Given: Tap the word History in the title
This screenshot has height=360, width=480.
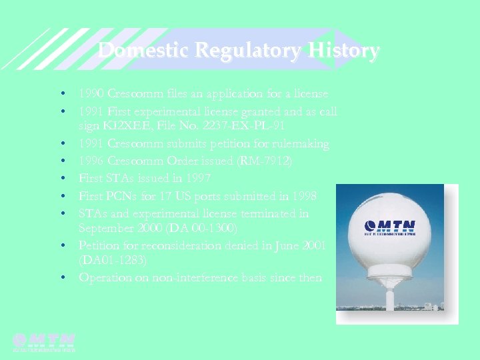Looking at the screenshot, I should [341, 51].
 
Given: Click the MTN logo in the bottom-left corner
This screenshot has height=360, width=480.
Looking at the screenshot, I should [44, 341].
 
